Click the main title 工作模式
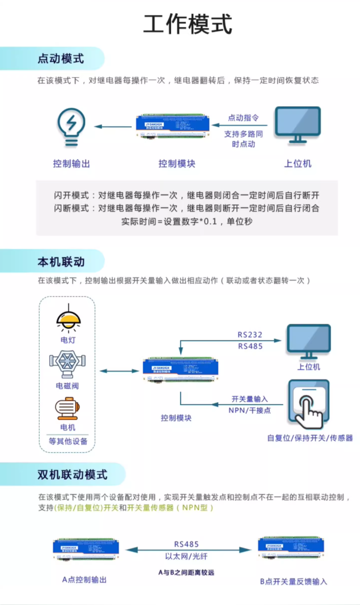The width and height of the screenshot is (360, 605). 188,25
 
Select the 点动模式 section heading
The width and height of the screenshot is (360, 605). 61,59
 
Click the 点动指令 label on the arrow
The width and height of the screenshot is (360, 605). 243,118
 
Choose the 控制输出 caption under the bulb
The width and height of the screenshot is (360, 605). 72,164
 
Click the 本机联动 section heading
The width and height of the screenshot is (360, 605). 61,262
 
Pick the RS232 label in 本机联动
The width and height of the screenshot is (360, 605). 250,335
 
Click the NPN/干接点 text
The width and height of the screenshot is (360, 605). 249,410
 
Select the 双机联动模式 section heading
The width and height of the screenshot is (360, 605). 72,474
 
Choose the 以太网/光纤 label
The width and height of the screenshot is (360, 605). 186,556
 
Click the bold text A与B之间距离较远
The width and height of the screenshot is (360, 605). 186,572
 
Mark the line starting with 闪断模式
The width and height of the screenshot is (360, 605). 186,208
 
